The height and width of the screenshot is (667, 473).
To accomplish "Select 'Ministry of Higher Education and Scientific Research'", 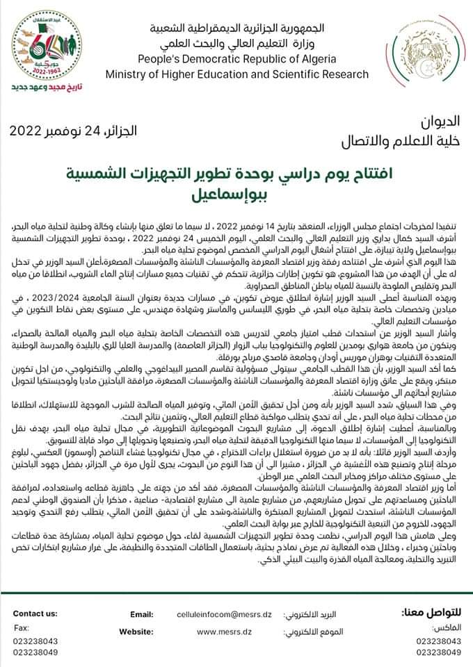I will (237, 74).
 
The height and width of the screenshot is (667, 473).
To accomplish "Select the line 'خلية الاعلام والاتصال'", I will (402, 142).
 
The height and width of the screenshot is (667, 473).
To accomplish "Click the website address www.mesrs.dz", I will (218, 631).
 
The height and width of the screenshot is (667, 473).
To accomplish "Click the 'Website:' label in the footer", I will (136, 631).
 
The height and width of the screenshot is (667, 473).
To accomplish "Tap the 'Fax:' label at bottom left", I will (21, 627).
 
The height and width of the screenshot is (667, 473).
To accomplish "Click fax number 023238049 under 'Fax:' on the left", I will (35, 652).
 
